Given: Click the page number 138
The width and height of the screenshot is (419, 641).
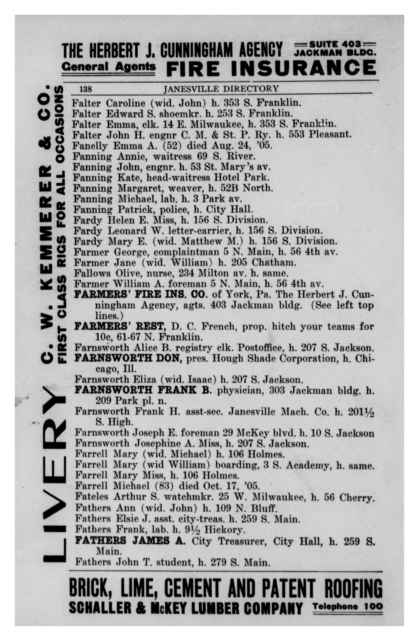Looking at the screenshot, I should tap(86, 89).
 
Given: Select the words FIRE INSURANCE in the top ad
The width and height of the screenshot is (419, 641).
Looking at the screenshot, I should tap(271, 67).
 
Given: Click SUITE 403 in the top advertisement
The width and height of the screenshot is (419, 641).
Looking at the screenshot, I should tap(335, 44).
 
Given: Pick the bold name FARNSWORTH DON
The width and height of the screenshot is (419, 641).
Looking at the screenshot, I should tap(127, 358).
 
